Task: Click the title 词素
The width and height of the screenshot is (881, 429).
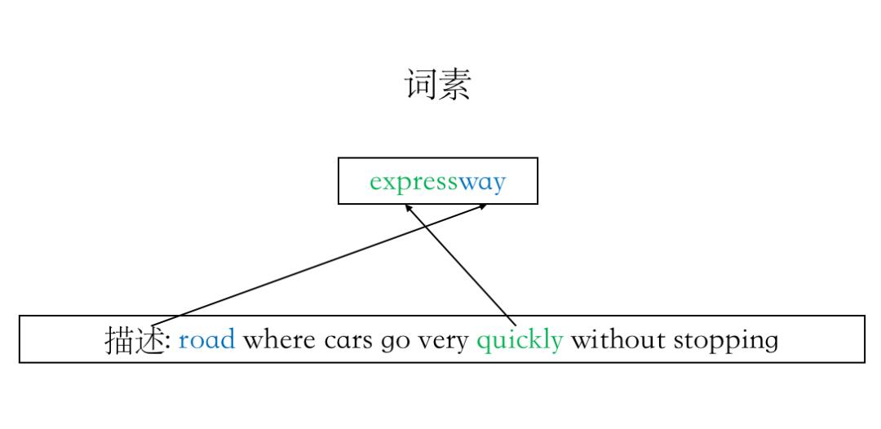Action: click(438, 84)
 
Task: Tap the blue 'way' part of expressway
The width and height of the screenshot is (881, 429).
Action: click(482, 181)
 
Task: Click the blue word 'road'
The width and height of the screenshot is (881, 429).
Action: click(206, 339)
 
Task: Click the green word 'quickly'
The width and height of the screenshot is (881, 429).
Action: click(520, 339)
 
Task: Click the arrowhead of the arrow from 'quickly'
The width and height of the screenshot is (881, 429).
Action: click(408, 207)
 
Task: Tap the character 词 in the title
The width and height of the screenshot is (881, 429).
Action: click(421, 84)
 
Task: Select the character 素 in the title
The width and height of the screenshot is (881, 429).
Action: click(455, 84)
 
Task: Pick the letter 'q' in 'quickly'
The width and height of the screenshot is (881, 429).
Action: click(483, 342)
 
